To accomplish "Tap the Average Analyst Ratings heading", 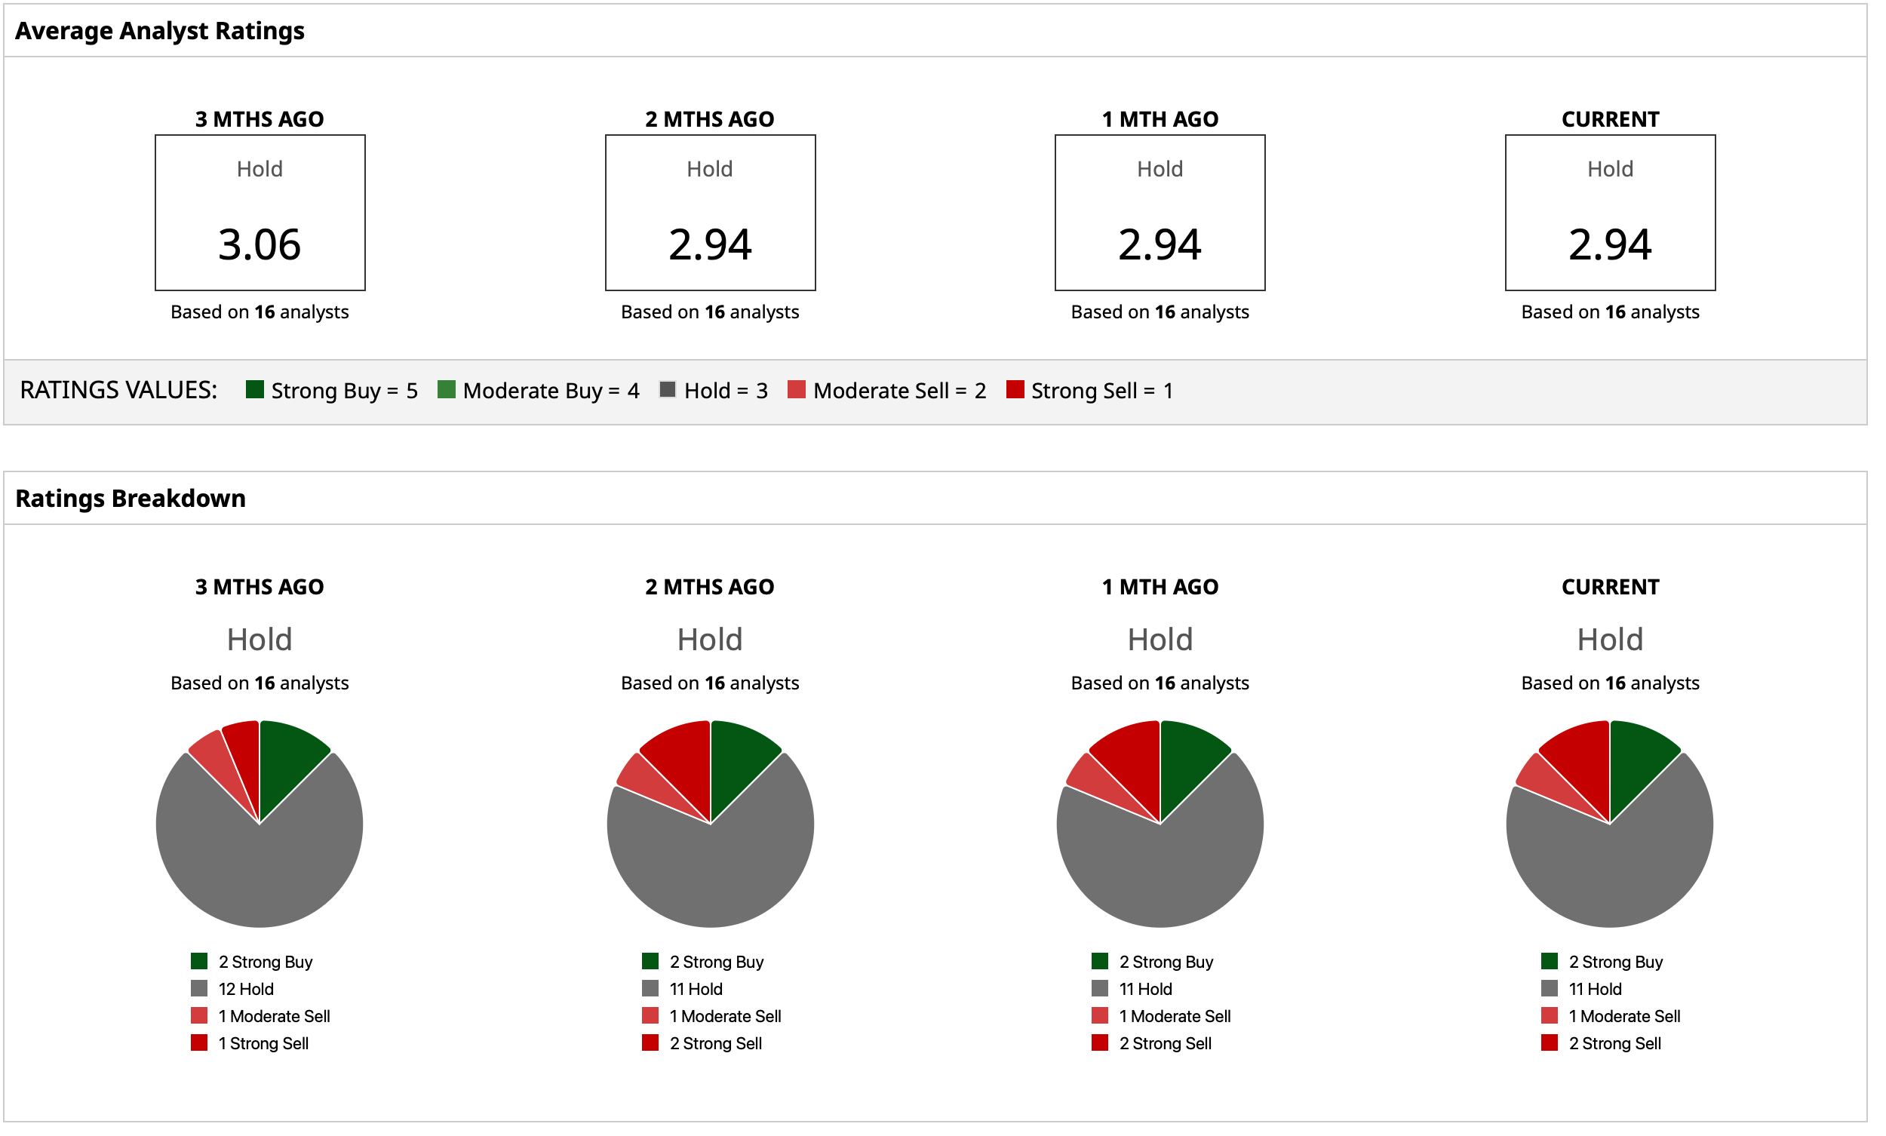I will tap(161, 31).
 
